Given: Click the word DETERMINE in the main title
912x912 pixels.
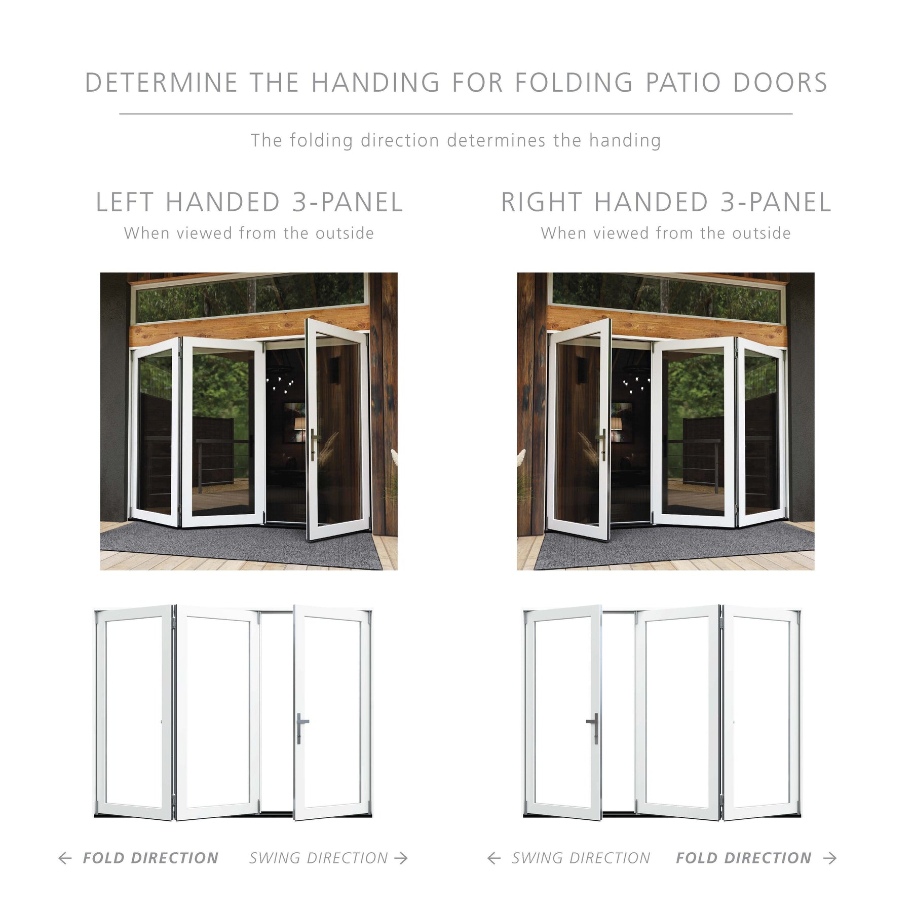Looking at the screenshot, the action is point(161,83).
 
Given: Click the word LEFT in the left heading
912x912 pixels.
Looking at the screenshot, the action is point(125,202).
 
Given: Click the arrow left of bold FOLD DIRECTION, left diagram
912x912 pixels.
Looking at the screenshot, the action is point(65,858).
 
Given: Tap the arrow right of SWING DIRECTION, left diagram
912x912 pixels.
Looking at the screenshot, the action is point(401,858).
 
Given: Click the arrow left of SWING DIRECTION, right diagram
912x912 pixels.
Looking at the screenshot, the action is point(493,858).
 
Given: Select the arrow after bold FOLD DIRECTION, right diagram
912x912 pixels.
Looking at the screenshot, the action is point(829,858).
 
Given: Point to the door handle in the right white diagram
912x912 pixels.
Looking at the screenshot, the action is point(594,728).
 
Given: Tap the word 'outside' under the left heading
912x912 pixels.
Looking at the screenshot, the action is point(345,233).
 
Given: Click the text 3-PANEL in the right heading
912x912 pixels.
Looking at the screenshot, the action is point(776,202).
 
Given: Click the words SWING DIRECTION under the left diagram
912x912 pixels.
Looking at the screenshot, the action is point(318,858).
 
